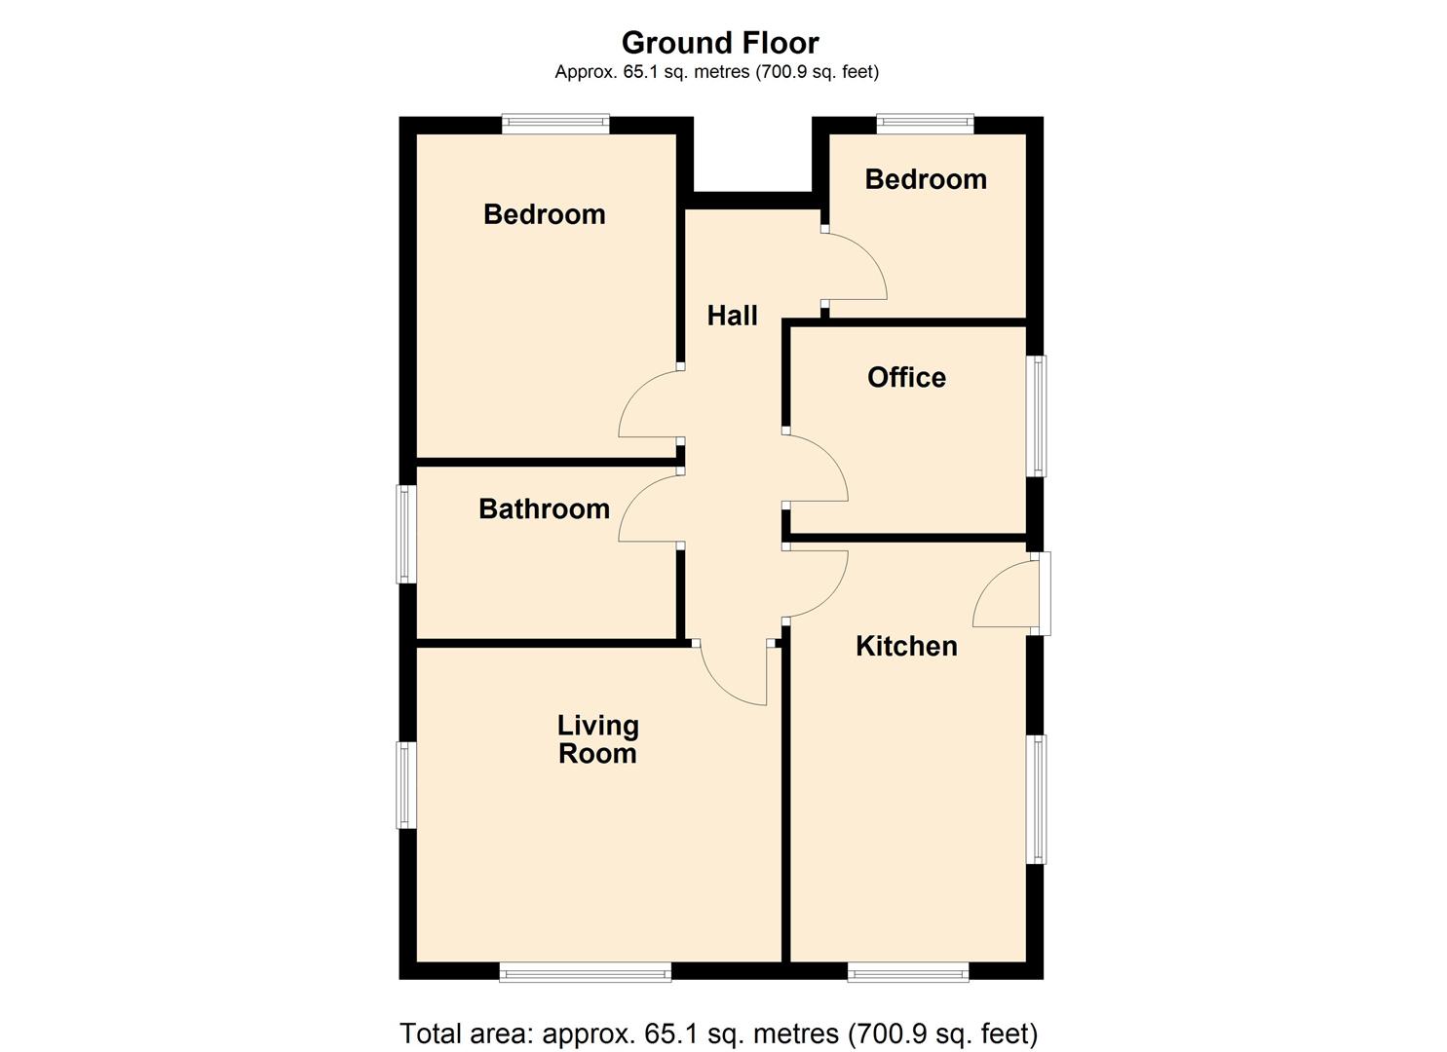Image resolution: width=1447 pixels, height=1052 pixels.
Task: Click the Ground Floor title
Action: point(720,43)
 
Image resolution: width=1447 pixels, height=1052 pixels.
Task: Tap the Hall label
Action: point(732,316)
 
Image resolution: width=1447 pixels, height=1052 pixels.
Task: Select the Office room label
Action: point(906,378)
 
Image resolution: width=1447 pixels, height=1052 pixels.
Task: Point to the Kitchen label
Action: point(906,646)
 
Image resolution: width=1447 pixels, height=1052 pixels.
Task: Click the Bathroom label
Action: point(544,508)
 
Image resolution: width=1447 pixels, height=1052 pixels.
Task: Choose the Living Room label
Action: point(597,739)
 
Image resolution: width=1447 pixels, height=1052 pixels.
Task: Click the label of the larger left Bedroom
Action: point(544,214)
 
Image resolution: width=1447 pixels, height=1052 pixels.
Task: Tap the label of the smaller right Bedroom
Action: point(926,179)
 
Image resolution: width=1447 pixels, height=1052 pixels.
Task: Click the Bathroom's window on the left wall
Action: point(405,535)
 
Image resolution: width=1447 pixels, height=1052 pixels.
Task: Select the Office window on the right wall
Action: point(1039,416)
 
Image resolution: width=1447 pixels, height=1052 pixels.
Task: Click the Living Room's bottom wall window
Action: point(585,971)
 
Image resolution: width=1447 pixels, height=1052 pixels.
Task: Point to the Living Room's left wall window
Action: point(405,785)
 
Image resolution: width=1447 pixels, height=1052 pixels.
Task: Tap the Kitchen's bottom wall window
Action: point(908,971)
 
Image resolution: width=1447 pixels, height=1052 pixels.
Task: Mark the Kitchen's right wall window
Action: point(1039,799)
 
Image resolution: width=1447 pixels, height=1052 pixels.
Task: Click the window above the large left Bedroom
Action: point(555,124)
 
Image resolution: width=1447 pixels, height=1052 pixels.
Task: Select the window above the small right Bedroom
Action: point(925,124)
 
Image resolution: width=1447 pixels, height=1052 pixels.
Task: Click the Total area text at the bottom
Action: point(719,1033)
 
